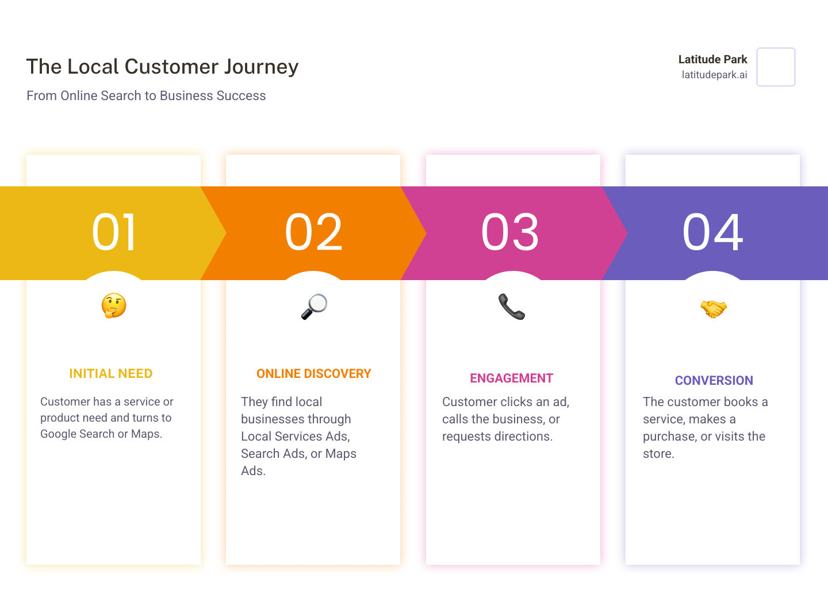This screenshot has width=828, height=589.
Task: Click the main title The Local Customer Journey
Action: coord(162,67)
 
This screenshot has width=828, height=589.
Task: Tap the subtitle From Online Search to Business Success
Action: coord(146,95)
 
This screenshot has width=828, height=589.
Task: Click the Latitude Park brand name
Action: coord(712,59)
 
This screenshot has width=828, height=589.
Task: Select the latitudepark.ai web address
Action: coord(714,75)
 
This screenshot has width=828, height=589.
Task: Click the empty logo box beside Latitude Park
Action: coord(776,67)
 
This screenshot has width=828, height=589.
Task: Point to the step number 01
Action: coord(114,232)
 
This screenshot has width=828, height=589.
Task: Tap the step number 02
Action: coord(313,232)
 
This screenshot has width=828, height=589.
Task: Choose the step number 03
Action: coord(510,232)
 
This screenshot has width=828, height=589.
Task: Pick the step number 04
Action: coord(712,232)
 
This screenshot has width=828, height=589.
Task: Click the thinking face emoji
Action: coord(114,305)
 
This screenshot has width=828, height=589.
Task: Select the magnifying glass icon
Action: coord(314,307)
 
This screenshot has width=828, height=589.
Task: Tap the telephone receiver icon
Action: coord(511,306)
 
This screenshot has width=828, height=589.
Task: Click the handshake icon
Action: coord(713,308)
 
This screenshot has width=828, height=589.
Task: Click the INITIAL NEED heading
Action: coord(110,374)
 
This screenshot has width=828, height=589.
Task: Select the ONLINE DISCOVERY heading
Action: coord(313,374)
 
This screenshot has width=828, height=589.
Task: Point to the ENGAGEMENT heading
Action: coord(511,378)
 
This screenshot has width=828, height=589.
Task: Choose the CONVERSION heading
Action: coord(714,381)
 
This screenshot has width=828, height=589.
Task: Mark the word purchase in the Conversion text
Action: coord(669,437)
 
